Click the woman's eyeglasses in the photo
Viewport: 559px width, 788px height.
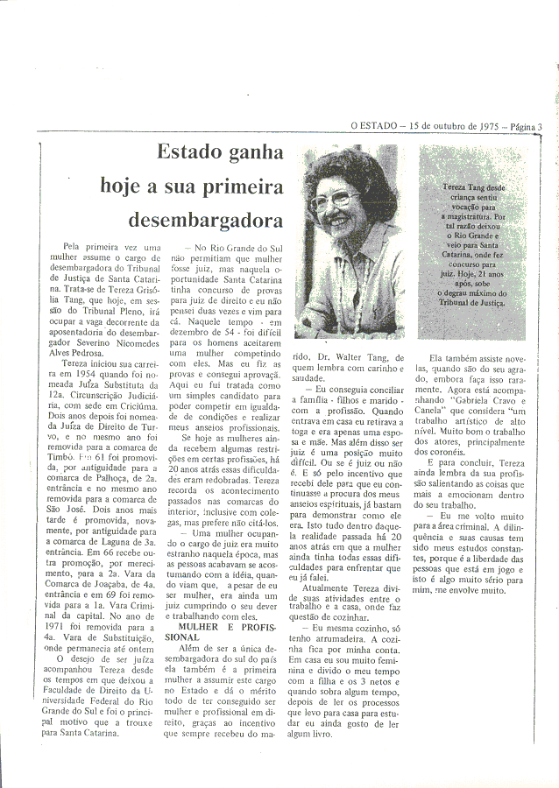(x=334, y=199)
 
